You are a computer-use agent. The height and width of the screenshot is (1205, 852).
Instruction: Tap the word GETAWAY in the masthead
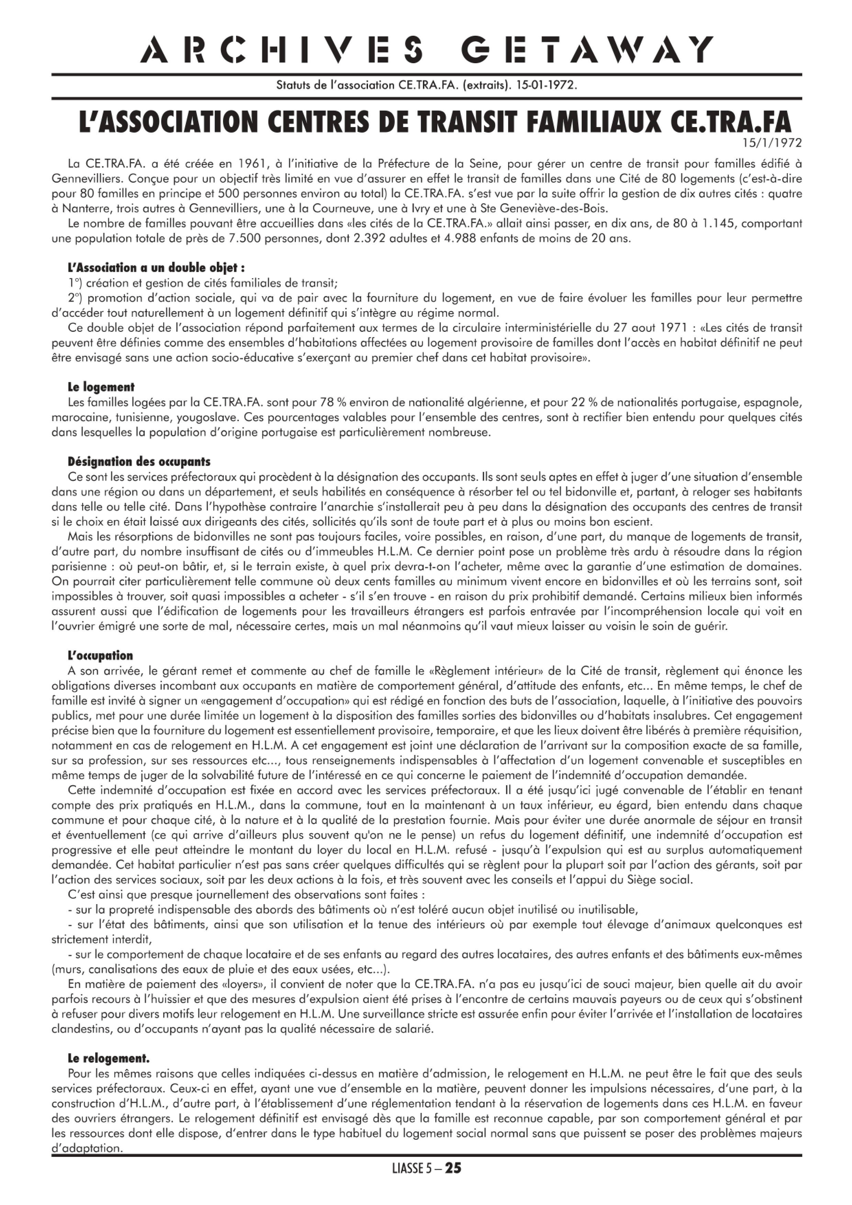click(x=586, y=50)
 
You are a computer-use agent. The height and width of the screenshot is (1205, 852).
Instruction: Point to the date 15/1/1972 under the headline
click(x=772, y=142)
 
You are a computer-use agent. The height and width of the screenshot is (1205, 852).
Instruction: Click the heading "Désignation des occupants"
click(x=139, y=462)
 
